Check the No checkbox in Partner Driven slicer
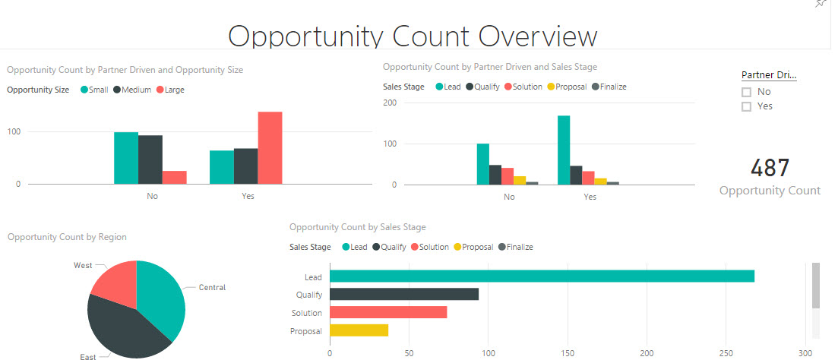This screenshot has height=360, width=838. coord(746,92)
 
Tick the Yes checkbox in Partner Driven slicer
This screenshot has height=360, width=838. coord(746,107)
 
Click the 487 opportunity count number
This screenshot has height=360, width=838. coord(770,168)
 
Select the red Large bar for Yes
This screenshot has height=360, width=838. coord(270,148)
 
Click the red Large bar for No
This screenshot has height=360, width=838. coord(174,177)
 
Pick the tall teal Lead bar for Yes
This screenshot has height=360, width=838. coord(564,150)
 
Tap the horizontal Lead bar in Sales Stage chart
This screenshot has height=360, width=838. coord(542,276)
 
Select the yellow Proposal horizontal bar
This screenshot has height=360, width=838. coord(359,330)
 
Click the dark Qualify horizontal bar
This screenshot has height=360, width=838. coord(404,295)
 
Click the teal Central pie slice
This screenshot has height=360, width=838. coord(161,296)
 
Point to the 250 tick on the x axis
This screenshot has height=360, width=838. coord(726,352)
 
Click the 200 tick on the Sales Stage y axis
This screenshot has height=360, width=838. coord(390,103)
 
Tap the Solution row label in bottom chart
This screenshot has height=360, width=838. coord(307,313)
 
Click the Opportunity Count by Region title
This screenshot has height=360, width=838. coord(67,237)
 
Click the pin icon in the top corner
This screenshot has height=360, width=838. coord(820,4)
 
